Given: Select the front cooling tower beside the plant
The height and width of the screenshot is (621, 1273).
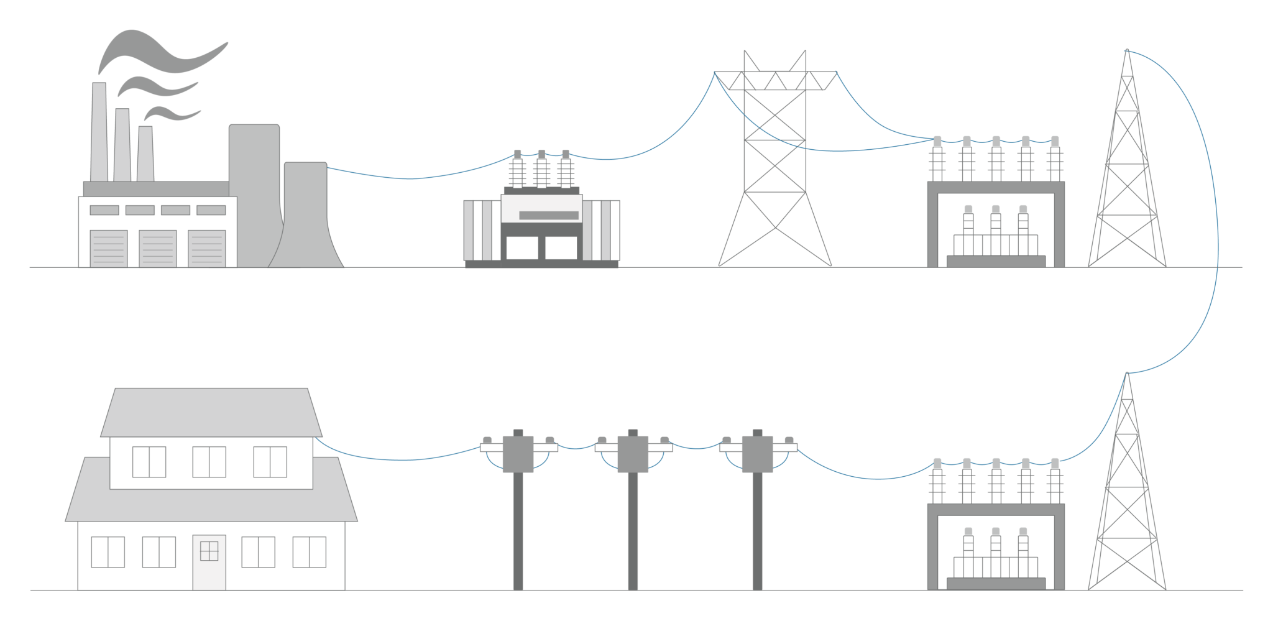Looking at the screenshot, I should coord(305,218).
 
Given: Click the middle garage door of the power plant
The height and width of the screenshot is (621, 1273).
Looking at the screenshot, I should coord(157,249).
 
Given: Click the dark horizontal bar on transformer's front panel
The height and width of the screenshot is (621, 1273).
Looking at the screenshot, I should coord(548,216).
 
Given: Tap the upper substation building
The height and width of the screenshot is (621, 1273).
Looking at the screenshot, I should coord(996,224).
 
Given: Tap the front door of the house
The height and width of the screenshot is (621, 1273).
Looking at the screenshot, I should coord(209,562).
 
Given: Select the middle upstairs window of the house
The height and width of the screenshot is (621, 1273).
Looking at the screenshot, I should coord(209,462).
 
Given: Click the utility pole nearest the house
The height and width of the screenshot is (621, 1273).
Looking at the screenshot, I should coord(518,528).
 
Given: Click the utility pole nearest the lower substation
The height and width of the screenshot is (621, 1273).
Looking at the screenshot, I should coord(757,528).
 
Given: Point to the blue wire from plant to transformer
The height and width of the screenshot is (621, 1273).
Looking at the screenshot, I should coord(410,178).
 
